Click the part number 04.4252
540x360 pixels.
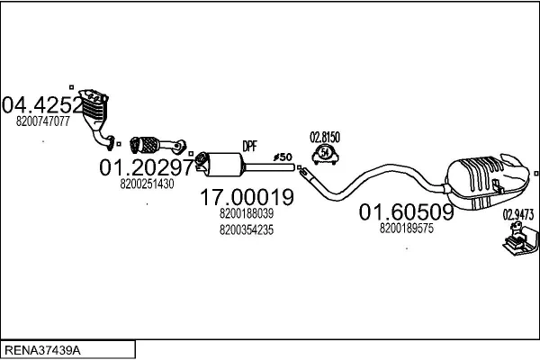pos(43,104)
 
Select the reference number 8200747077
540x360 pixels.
pos(43,121)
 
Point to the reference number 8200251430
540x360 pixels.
pos(147,184)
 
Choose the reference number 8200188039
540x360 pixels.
pos(247,214)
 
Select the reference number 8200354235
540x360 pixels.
pos(247,230)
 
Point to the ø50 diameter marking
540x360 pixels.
pos(283,157)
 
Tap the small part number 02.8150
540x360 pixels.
pos(325,137)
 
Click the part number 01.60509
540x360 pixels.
pos(406,213)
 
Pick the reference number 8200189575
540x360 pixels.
pos(407,229)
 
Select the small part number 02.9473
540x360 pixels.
pos(517,214)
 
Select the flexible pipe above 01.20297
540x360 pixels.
pos(149,143)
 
